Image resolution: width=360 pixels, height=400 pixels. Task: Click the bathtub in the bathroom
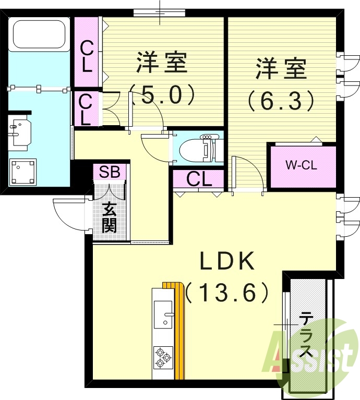pos(39,34)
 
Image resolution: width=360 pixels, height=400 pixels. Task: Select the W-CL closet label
pos(302,165)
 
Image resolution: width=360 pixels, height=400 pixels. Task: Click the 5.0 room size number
pos(163,95)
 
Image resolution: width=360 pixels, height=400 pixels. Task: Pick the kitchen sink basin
pos(163,315)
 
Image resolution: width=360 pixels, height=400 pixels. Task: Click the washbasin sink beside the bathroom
pos(21,131)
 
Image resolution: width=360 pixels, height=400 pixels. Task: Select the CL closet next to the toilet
pos(199,179)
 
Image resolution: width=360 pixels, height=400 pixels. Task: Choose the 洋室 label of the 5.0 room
pos(162,63)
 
